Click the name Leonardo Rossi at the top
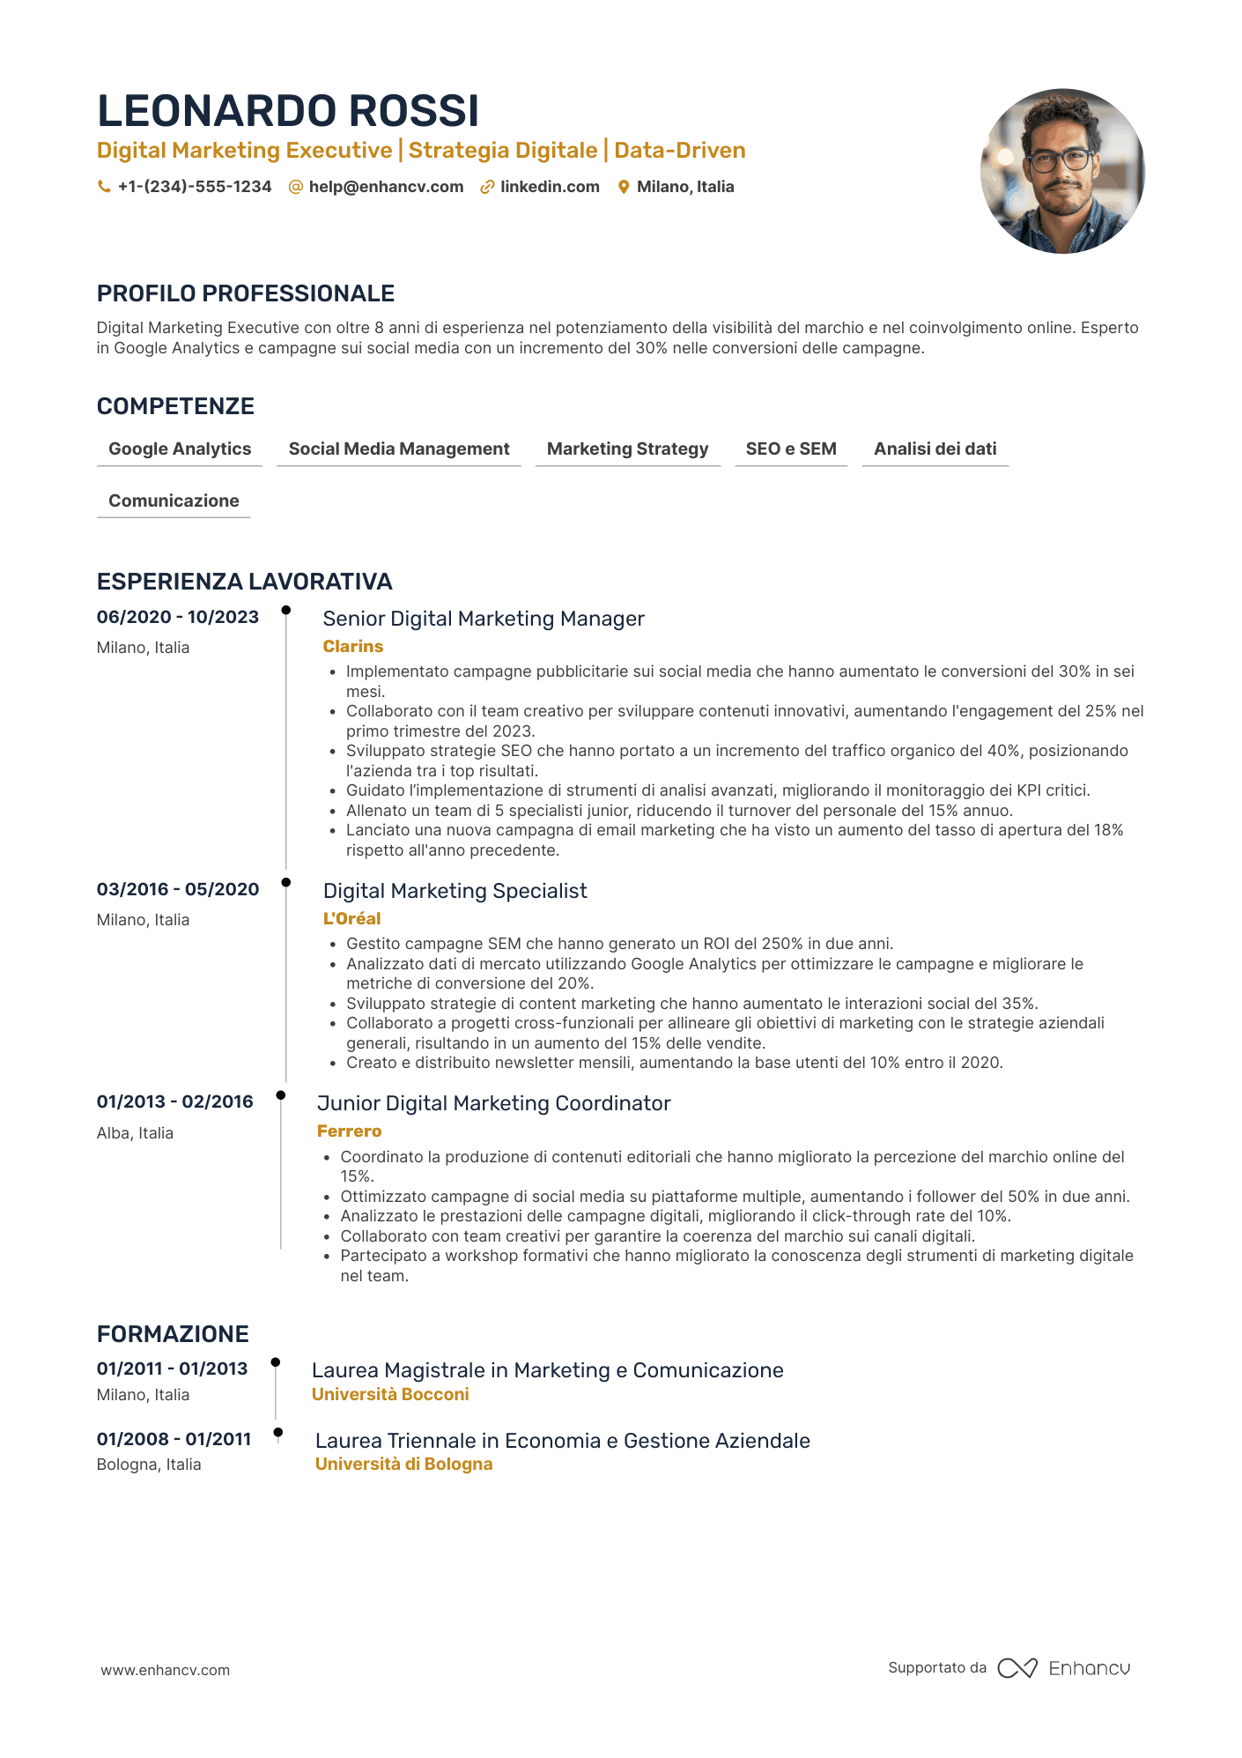[x=288, y=111]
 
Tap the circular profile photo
[x=1062, y=171]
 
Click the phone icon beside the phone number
[x=104, y=187]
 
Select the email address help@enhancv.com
[x=386, y=187]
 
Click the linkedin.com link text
[x=550, y=187]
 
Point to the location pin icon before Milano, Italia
[x=624, y=187]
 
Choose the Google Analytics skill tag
[x=180, y=449]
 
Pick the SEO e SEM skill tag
[x=791, y=449]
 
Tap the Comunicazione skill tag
[x=174, y=501]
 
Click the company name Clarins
[x=353, y=646]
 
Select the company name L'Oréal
[x=352, y=918]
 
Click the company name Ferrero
[x=350, y=1131]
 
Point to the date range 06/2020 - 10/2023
[x=178, y=617]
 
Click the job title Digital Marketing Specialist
[x=455, y=891]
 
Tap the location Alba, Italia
[x=135, y=1133]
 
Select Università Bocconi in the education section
[x=390, y=1394]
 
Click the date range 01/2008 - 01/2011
[x=174, y=1439]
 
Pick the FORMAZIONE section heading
[x=173, y=1334]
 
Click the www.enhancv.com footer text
[x=165, y=1670]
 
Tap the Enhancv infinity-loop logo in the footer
[x=1017, y=1668]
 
